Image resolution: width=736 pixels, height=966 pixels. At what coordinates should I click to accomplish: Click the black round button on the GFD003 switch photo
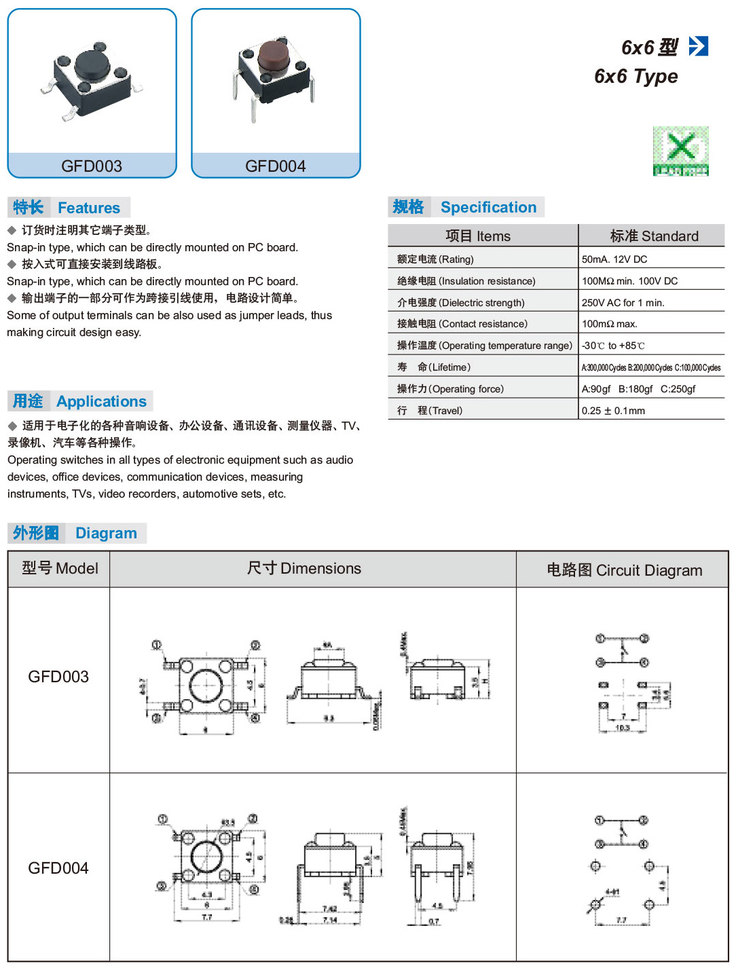coord(92,64)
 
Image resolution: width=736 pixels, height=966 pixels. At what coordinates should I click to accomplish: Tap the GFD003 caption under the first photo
coord(92,166)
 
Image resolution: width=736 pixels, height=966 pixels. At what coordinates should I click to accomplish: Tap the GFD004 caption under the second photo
coord(276,166)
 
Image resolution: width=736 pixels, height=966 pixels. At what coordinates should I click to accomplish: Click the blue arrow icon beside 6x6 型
coord(698,46)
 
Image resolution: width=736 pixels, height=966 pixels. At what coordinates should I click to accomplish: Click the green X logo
coord(680,151)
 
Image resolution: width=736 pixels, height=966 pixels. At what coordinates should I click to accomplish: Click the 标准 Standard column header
coord(654,236)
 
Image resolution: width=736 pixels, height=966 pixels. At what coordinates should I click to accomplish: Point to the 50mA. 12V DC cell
coord(614,259)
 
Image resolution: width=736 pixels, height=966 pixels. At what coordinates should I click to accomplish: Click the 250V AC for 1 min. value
coord(623,303)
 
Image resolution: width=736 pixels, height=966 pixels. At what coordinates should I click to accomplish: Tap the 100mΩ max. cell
coord(609,324)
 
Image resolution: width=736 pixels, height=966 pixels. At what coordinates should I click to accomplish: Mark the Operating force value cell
coord(638,389)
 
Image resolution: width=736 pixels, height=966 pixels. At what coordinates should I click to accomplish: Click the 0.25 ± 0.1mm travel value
coord(613,411)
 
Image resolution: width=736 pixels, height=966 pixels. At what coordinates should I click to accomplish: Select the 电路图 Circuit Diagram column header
coord(624,570)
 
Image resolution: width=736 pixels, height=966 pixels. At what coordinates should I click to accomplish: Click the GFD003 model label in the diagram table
coord(58,677)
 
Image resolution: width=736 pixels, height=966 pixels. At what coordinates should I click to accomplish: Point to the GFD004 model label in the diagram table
coord(58,868)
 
